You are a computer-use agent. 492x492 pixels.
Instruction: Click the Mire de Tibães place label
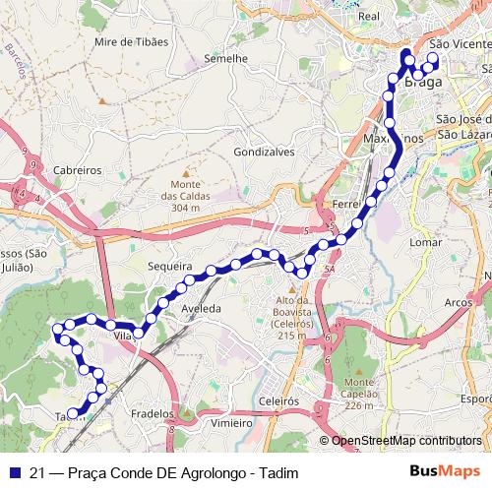[x=132, y=43]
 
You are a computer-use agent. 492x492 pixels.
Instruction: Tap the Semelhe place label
[x=224, y=58]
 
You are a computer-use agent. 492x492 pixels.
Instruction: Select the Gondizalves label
[x=264, y=153]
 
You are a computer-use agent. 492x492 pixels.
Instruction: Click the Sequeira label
[x=166, y=265]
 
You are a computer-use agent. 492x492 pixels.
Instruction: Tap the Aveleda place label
[x=200, y=308]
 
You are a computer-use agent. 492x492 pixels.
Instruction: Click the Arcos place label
[x=460, y=302]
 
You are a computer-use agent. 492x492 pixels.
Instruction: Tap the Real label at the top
[x=370, y=17]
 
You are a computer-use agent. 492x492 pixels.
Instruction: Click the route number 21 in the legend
[x=36, y=471]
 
